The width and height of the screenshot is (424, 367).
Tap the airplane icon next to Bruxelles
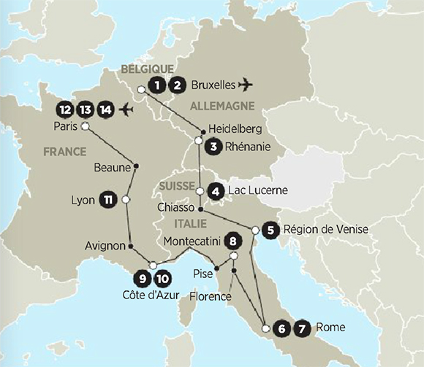coord(246,85)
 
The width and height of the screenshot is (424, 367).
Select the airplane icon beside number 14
coord(126,110)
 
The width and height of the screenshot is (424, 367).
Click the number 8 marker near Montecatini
coord(233,239)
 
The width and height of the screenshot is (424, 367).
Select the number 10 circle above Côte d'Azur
coord(162,278)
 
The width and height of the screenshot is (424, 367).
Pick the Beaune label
coord(112,167)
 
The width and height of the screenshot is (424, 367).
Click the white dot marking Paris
coord(85,126)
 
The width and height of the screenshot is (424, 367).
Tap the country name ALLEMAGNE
coord(222,107)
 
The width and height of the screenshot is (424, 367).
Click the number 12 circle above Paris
coord(65,110)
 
